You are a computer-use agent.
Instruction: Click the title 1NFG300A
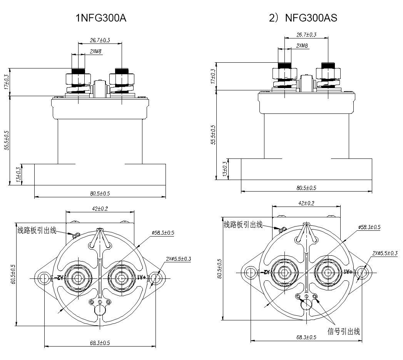[101, 18]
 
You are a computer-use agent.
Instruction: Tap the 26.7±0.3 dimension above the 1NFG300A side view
[100, 40]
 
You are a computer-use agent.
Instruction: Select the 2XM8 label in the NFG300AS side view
[302, 46]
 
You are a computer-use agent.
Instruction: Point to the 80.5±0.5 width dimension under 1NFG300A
[100, 193]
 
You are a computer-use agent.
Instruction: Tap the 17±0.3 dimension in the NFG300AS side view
[214, 76]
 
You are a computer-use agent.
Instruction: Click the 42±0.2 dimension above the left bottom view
[100, 208]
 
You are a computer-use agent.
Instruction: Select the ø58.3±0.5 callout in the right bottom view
[370, 227]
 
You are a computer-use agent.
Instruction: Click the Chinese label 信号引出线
[344, 331]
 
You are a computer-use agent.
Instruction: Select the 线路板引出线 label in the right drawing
[243, 225]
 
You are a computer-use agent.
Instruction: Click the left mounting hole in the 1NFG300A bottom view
[43, 277]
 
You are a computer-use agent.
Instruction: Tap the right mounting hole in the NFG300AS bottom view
[362, 272]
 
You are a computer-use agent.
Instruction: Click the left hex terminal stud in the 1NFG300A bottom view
[78, 277]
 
